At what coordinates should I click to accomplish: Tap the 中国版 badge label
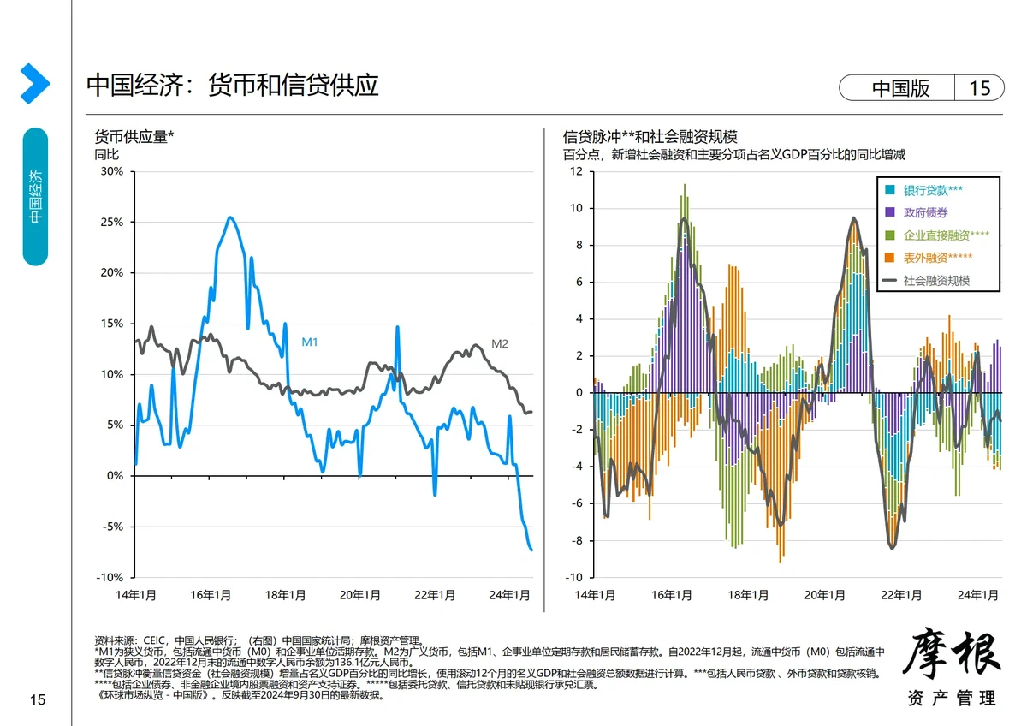click(x=900, y=88)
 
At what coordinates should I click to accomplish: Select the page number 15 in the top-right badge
click(x=979, y=88)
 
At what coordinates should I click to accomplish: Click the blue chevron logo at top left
click(x=34, y=84)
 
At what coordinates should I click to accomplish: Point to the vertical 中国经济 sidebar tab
click(x=35, y=196)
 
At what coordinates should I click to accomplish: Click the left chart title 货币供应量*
click(x=134, y=137)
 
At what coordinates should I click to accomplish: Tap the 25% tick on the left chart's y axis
click(x=112, y=222)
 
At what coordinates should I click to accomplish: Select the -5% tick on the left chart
click(x=112, y=527)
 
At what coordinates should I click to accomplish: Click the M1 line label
click(x=310, y=342)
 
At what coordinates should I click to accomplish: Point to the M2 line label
click(x=500, y=344)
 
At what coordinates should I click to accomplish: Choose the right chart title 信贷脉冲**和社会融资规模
click(x=650, y=137)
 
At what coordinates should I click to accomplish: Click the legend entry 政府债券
click(x=925, y=212)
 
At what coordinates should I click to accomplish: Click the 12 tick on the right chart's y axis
click(x=576, y=171)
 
